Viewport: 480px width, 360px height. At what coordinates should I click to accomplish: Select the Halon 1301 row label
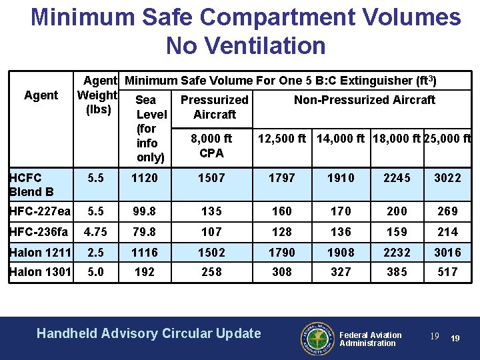point(40,271)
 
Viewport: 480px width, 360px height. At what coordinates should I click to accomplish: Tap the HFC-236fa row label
point(39,231)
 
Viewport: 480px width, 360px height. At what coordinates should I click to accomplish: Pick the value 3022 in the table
point(447,178)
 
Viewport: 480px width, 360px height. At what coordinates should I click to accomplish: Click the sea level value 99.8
point(145,211)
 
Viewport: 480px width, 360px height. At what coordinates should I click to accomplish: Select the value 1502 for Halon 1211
point(212,251)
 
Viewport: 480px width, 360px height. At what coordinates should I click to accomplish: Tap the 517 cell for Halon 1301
point(447,271)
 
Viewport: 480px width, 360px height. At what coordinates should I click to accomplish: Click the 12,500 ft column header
point(282,139)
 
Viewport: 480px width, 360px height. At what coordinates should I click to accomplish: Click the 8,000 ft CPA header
point(211,146)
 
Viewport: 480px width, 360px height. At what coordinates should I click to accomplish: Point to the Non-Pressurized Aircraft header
point(365,100)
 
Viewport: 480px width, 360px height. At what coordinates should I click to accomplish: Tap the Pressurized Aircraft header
point(214,107)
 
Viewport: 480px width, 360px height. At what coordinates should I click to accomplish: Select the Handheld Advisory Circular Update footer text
point(149,333)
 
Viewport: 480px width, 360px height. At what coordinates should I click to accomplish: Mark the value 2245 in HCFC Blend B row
point(397,178)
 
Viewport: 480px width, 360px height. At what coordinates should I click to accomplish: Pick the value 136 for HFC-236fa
point(341,231)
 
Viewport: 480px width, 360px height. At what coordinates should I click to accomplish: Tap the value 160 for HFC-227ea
point(282,211)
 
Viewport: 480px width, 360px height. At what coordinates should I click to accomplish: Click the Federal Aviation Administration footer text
point(371,339)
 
